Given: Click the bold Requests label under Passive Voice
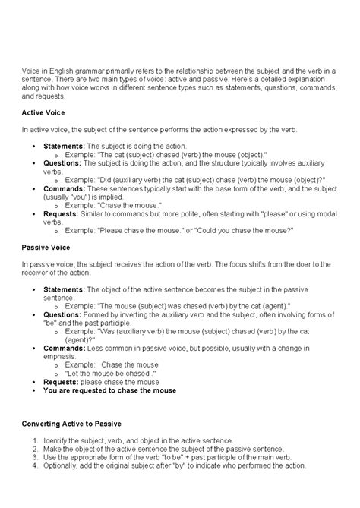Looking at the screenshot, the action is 63,383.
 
